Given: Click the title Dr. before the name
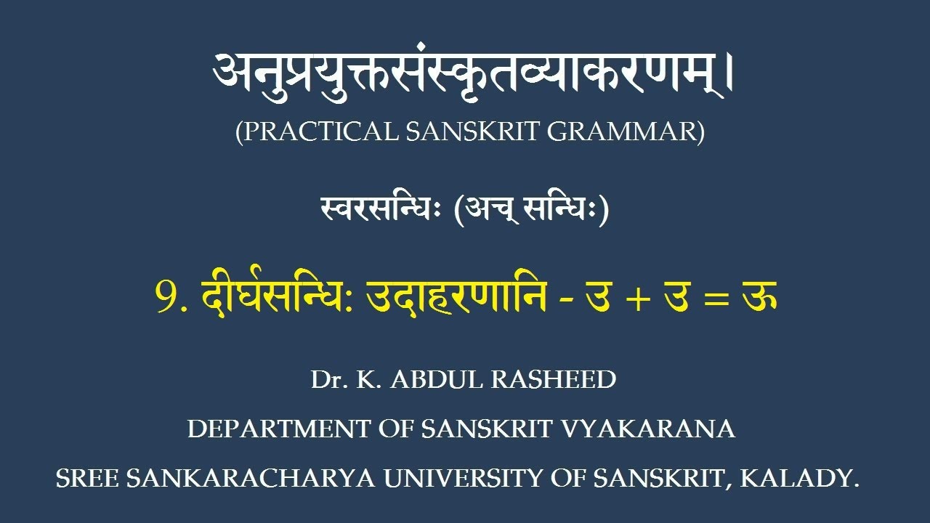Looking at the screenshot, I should point(326,380).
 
